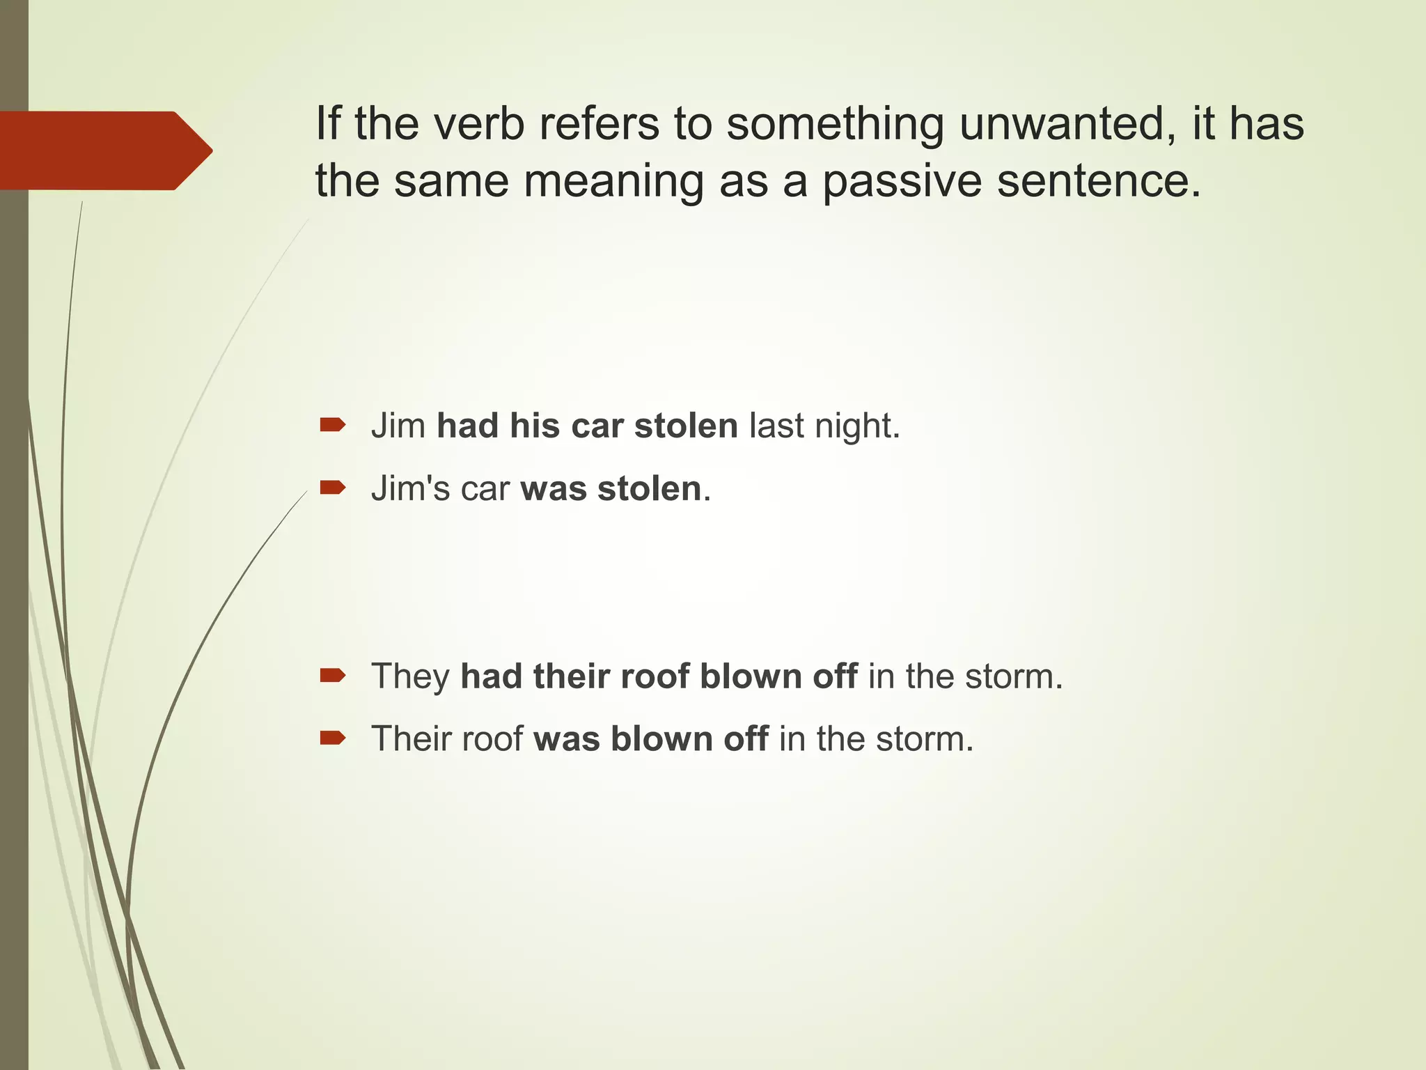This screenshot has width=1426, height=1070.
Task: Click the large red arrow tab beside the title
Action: coord(104,150)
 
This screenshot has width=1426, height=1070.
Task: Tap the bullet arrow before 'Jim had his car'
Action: coord(332,424)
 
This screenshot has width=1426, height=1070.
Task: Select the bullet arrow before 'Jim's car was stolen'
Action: coord(332,487)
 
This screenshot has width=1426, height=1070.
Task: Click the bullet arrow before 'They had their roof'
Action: coord(332,675)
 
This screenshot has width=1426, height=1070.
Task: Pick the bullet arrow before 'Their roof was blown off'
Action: coord(332,738)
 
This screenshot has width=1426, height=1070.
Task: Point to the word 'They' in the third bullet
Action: coord(410,676)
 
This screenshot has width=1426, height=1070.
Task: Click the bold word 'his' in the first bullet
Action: coord(535,426)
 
